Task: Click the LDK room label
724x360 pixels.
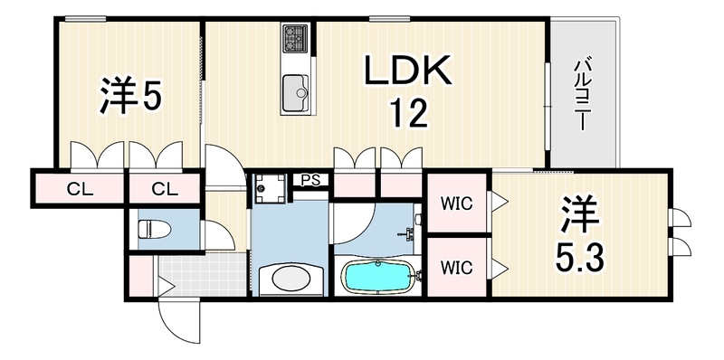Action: coord(408,71)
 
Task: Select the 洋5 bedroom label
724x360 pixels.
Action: coord(130,96)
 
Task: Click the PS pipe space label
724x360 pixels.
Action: coord(310,180)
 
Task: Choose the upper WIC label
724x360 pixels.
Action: coord(456,204)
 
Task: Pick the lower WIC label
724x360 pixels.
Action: coord(456,267)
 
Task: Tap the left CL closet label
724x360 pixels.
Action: coord(80,188)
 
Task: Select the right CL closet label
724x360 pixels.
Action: coord(165,188)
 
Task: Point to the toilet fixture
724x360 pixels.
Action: coord(155,229)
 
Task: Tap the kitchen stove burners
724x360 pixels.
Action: coord(296,38)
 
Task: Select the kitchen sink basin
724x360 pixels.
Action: coord(296,93)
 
